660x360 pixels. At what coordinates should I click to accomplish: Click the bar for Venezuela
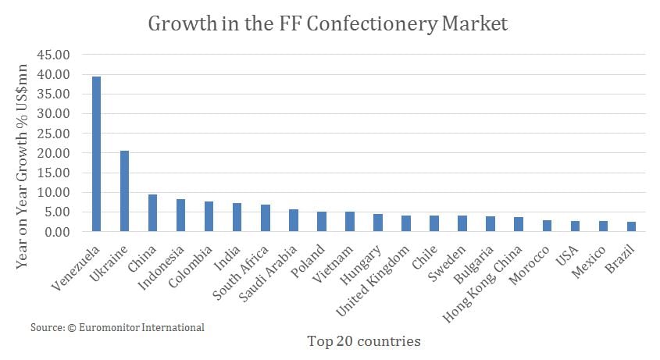pyautogui.click(x=97, y=154)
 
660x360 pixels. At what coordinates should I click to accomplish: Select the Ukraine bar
pyautogui.click(x=125, y=191)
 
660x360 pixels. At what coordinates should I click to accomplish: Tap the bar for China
pyautogui.click(x=153, y=213)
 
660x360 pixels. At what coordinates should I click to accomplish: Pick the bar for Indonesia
pyautogui.click(x=181, y=216)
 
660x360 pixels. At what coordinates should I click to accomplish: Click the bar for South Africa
pyautogui.click(x=266, y=218)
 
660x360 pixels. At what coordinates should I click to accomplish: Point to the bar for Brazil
pyautogui.click(x=631, y=226)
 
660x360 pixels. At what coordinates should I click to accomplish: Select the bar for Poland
pyautogui.click(x=322, y=222)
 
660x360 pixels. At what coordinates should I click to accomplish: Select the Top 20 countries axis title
pyautogui.click(x=364, y=340)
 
